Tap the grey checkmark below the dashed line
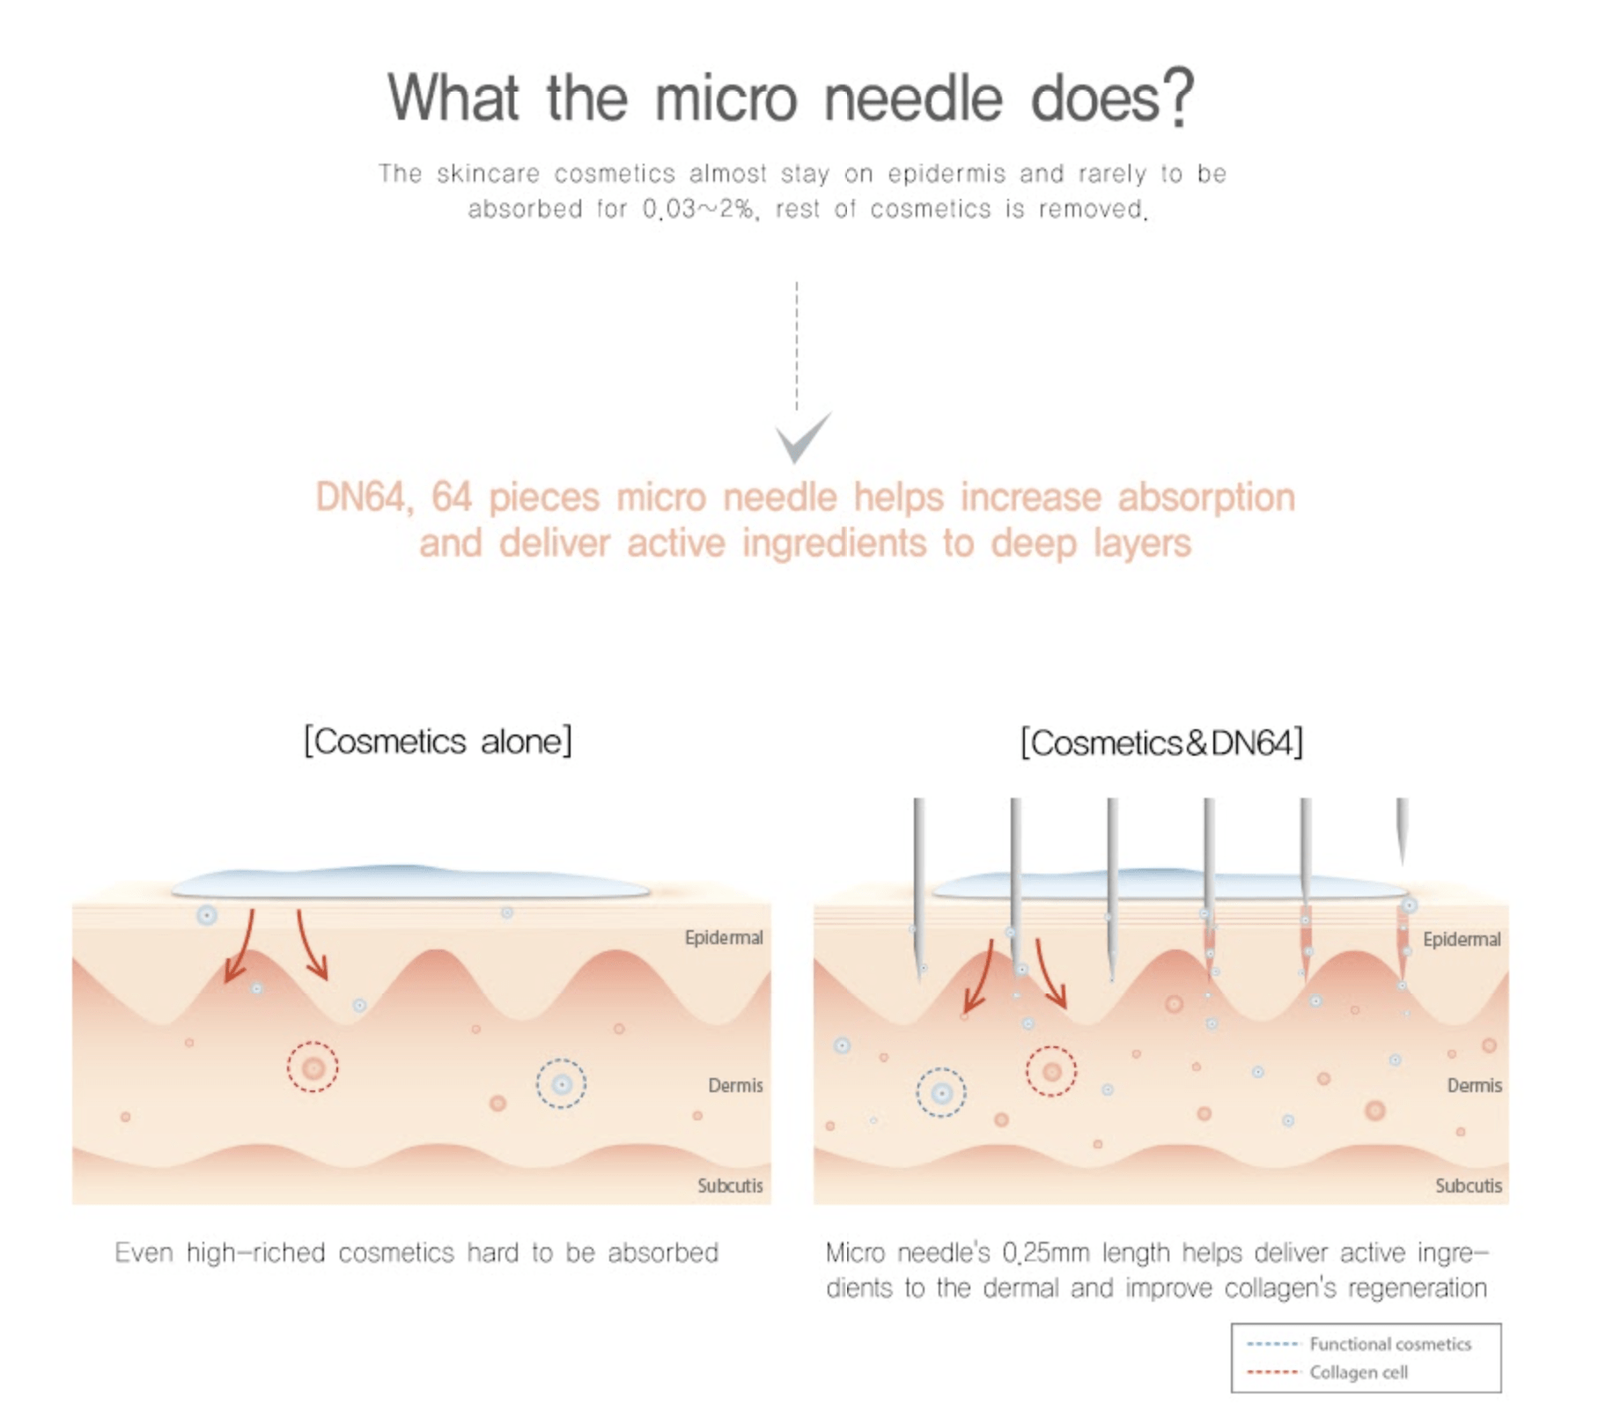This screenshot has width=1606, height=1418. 802,437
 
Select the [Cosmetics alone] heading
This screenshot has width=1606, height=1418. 438,741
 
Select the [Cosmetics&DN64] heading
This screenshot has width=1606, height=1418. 1161,742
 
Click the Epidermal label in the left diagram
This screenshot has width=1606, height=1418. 724,937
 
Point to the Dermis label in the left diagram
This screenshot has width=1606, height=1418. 735,1085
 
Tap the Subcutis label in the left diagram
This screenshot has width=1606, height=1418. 730,1185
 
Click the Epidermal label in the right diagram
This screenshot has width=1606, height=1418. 1462,939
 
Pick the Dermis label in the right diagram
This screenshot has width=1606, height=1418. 1474,1085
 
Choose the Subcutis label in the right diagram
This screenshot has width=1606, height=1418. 1468,1185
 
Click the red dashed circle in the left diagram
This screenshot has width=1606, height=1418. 313,1043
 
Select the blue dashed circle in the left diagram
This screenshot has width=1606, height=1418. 561,1060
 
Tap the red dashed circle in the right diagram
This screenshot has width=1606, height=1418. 1051,1047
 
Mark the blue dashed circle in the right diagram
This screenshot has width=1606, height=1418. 941,1069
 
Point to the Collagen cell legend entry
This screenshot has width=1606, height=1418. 1327,1372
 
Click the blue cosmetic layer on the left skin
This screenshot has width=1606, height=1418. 410,882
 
